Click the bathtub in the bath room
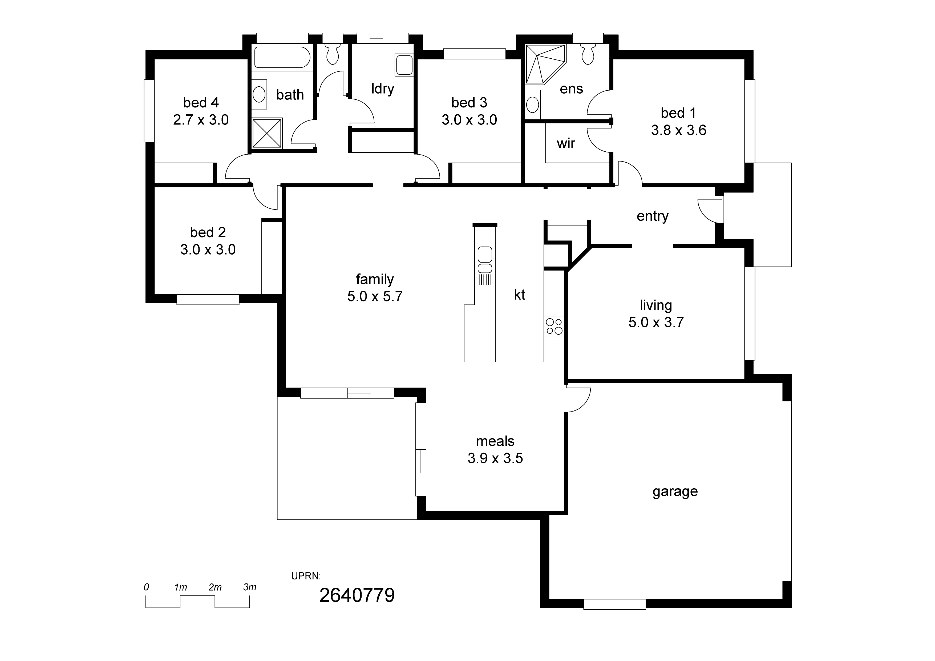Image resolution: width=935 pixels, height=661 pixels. [282, 57]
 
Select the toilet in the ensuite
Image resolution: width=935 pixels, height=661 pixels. [588, 55]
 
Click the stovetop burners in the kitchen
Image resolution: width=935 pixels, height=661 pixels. [554, 326]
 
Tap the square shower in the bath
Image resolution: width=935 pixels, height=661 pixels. [267, 133]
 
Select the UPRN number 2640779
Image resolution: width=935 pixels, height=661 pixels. [357, 595]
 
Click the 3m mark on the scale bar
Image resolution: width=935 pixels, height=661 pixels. [250, 587]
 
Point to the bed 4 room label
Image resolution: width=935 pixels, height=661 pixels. [201, 103]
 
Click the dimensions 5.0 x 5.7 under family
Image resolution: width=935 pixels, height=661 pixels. [375, 296]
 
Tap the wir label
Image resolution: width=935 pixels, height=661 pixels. [566, 143]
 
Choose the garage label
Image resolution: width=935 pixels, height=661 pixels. [675, 491]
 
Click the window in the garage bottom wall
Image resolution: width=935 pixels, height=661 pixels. [614, 604]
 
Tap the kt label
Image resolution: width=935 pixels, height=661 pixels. [519, 295]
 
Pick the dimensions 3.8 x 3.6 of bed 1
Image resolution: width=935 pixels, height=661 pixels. [678, 130]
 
